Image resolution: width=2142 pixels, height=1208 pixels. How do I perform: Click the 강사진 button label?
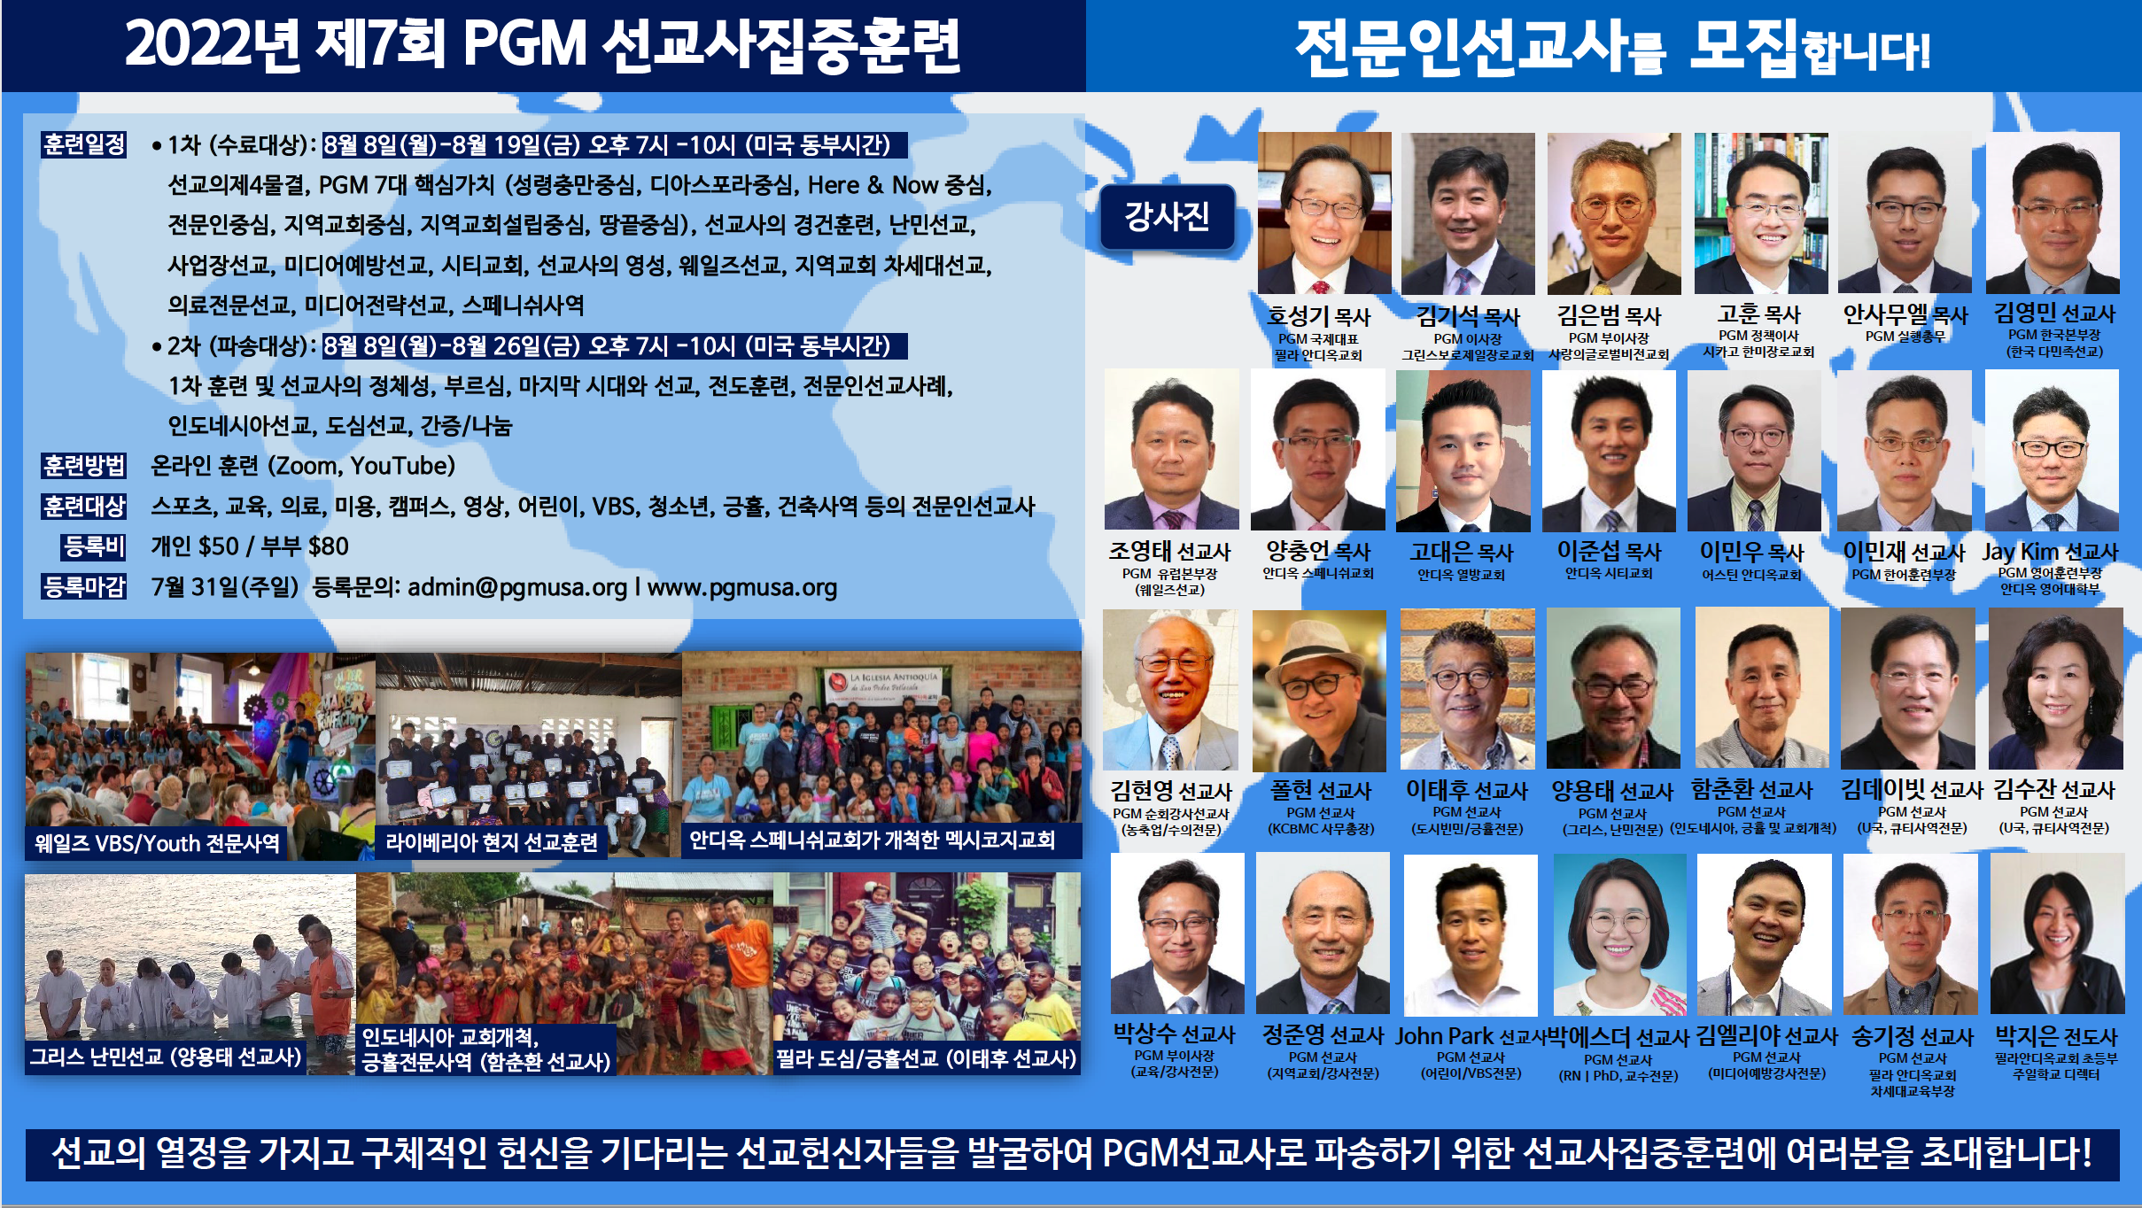(1168, 216)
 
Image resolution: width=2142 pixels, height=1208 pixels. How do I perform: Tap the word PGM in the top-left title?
(524, 44)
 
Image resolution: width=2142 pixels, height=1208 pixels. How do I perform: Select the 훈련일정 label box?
(84, 144)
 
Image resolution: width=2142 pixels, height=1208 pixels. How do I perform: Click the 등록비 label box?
(94, 546)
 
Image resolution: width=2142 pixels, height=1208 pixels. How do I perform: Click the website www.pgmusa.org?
(742, 587)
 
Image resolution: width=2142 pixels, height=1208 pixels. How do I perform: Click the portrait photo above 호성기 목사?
(1324, 213)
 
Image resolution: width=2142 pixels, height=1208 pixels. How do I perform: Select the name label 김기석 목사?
(1468, 316)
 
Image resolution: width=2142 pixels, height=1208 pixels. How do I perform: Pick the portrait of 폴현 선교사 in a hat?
(1319, 691)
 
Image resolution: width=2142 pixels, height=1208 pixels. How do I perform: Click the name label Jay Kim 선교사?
(2050, 552)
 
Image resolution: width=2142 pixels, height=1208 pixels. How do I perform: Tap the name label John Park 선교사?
(1471, 1036)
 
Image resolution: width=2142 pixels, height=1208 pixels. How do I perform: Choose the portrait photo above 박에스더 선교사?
(1620, 934)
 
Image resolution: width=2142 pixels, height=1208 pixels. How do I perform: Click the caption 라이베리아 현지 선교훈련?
(492, 842)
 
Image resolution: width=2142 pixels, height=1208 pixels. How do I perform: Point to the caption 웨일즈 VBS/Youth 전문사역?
(157, 842)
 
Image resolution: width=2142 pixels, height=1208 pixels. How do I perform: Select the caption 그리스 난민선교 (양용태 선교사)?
(166, 1057)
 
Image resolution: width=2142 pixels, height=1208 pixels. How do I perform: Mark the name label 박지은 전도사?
(2056, 1035)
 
